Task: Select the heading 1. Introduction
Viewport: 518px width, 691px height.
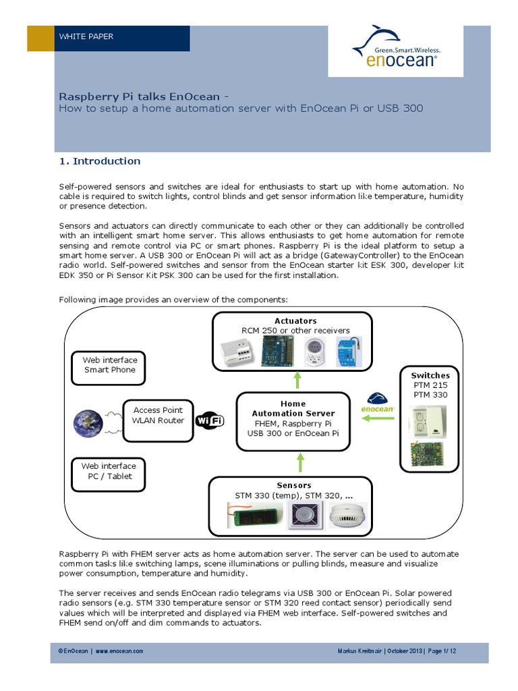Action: click(100, 161)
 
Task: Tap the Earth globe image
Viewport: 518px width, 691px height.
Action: click(89, 422)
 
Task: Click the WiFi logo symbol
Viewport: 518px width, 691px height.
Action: click(209, 421)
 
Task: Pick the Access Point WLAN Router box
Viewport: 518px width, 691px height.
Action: click(159, 415)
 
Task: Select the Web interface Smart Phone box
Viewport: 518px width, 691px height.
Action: click(110, 365)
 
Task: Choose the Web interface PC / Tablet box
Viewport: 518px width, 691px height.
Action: click(109, 471)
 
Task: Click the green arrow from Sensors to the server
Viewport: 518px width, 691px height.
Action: click(300, 462)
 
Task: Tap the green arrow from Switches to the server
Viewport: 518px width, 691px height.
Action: click(378, 419)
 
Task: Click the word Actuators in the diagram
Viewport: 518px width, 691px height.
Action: click(295, 321)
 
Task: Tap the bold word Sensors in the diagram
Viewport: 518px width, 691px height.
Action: click(294, 485)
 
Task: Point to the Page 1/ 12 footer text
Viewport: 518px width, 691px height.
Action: click(442, 651)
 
